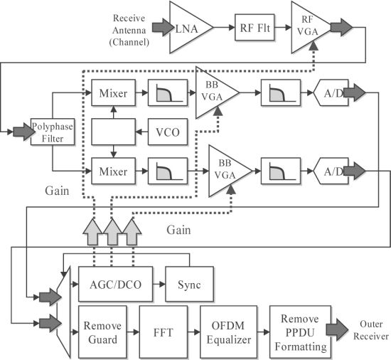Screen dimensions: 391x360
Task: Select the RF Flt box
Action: point(255,28)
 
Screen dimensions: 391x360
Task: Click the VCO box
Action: point(168,132)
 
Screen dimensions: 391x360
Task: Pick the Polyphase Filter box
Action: point(53,132)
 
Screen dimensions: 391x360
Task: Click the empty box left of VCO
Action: point(114,132)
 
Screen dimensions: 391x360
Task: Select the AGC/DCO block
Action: point(115,284)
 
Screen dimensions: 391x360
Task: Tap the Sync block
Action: point(190,284)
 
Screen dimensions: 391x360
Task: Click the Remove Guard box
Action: point(102,332)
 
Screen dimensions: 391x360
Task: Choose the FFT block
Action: point(164,332)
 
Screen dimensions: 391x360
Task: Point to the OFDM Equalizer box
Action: point(229,332)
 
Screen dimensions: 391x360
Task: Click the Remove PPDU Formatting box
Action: point(301,332)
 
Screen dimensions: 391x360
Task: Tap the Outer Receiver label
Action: point(371,330)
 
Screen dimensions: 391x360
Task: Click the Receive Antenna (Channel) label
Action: point(129,30)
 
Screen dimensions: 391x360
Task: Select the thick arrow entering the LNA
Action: point(163,27)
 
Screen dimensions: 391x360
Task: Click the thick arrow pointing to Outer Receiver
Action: point(337,329)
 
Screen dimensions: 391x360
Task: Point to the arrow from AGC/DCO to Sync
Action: point(159,284)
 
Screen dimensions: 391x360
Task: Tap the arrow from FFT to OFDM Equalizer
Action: point(194,332)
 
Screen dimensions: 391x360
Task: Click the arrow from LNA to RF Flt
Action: point(224,27)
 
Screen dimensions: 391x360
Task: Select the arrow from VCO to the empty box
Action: point(142,132)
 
